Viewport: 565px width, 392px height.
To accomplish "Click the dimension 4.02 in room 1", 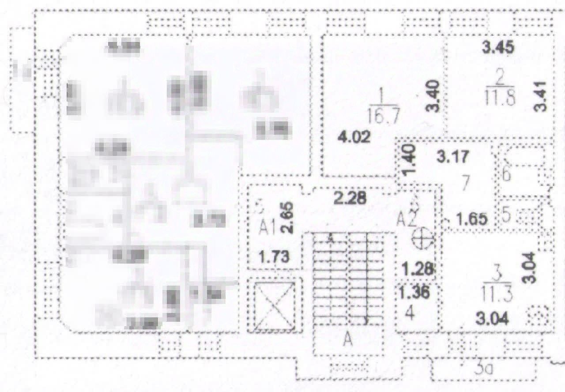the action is click(354, 137).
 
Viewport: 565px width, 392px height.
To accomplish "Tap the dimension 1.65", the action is click(472, 219).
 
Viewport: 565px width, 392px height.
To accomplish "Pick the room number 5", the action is click(506, 216).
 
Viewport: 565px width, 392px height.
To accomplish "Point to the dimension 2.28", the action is click(350, 199).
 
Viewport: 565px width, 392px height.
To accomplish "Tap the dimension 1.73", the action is click(274, 256).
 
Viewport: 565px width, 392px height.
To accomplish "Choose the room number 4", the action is click(410, 313).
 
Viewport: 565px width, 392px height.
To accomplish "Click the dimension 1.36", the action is click(416, 292).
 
